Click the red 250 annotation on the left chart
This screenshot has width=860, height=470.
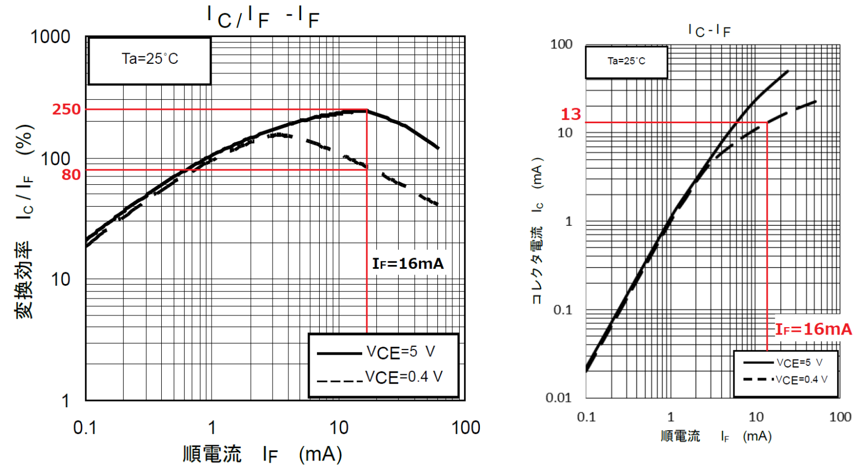pos(67,109)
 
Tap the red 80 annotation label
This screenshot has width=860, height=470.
pos(71,175)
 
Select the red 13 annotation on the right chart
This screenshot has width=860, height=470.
pos(571,114)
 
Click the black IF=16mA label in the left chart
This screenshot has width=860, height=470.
pos(408,264)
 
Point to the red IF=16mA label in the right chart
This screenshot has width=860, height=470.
pos(813,329)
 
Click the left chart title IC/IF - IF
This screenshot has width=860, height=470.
pos(263,17)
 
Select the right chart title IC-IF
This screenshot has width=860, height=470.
pos(709,31)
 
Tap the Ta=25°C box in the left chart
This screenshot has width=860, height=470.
pos(149,59)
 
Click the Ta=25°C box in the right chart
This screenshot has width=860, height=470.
pos(627,61)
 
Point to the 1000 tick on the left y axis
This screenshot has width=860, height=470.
pos(50,37)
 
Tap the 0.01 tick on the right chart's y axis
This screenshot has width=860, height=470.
pos(558,398)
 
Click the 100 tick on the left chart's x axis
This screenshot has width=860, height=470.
pos(465,428)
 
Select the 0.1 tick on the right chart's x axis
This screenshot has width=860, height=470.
pos(586,417)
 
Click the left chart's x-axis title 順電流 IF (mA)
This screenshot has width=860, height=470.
pos(262,454)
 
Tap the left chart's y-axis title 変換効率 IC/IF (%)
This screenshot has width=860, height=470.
pos(25,221)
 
